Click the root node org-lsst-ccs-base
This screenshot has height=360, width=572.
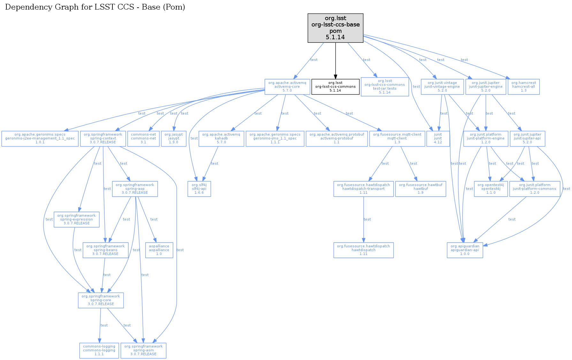335,28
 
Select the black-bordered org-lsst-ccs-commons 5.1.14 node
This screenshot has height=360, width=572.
335,86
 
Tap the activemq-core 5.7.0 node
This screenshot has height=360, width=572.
287,86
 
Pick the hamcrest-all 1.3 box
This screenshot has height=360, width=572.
523,86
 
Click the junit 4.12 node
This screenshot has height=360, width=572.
438,139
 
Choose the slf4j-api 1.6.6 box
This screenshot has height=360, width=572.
199,189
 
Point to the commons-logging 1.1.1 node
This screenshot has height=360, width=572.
99,350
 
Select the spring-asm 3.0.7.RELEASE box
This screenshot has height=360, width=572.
143,350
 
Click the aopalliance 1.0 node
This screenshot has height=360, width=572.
159,250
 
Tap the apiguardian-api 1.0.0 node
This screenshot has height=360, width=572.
465,250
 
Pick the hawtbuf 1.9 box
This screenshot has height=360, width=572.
421,189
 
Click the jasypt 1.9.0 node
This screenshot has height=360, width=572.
174,139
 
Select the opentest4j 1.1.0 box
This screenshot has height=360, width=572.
491,189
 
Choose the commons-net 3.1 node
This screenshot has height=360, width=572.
143,139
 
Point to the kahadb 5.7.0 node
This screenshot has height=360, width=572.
221,139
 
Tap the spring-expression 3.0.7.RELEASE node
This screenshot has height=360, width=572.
76,219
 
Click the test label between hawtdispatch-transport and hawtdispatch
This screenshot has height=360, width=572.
367,219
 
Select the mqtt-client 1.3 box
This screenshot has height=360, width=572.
397,139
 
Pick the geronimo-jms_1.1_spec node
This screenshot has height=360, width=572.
275,139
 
